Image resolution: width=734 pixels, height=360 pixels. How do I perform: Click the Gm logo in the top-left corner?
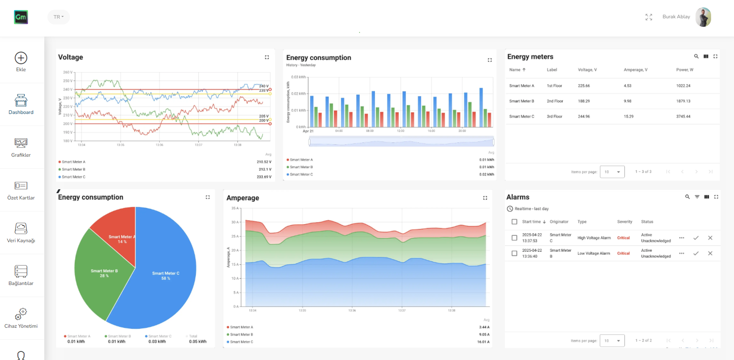[21, 17]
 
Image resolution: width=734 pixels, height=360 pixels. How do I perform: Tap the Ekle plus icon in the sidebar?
[21, 58]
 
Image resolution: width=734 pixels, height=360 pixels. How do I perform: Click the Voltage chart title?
[70, 57]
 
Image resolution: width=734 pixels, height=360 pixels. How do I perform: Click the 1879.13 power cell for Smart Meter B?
[683, 101]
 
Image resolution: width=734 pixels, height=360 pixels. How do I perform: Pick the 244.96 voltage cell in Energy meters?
[584, 117]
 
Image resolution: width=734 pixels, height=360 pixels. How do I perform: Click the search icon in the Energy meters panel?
[696, 56]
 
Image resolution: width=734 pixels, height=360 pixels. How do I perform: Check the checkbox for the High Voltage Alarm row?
[514, 238]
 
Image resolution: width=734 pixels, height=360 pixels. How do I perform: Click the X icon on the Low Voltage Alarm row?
[710, 253]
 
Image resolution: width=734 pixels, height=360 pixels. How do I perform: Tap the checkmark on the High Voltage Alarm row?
[695, 238]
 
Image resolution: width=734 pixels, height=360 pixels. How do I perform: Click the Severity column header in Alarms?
[624, 222]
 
